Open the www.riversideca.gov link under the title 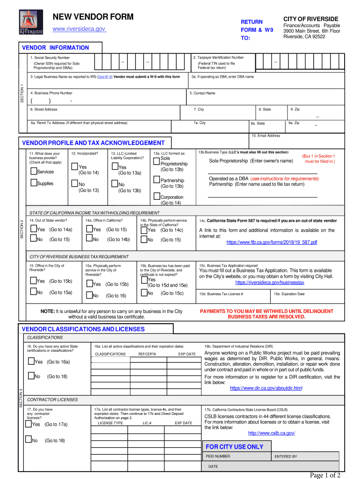point(79,29)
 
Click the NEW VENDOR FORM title point(93,17)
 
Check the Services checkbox point(34,171)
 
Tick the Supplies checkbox point(34,183)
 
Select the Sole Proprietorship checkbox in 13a point(156,159)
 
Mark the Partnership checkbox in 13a point(156,180)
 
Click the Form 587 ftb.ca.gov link point(272,242)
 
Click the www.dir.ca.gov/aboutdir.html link point(266,388)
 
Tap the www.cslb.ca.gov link point(271,433)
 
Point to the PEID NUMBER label point(218,456)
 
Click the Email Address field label point(266,136)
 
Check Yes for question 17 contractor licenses point(28,424)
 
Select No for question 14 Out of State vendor point(33,239)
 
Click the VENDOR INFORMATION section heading point(55,48)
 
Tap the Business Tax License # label point(221,294)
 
